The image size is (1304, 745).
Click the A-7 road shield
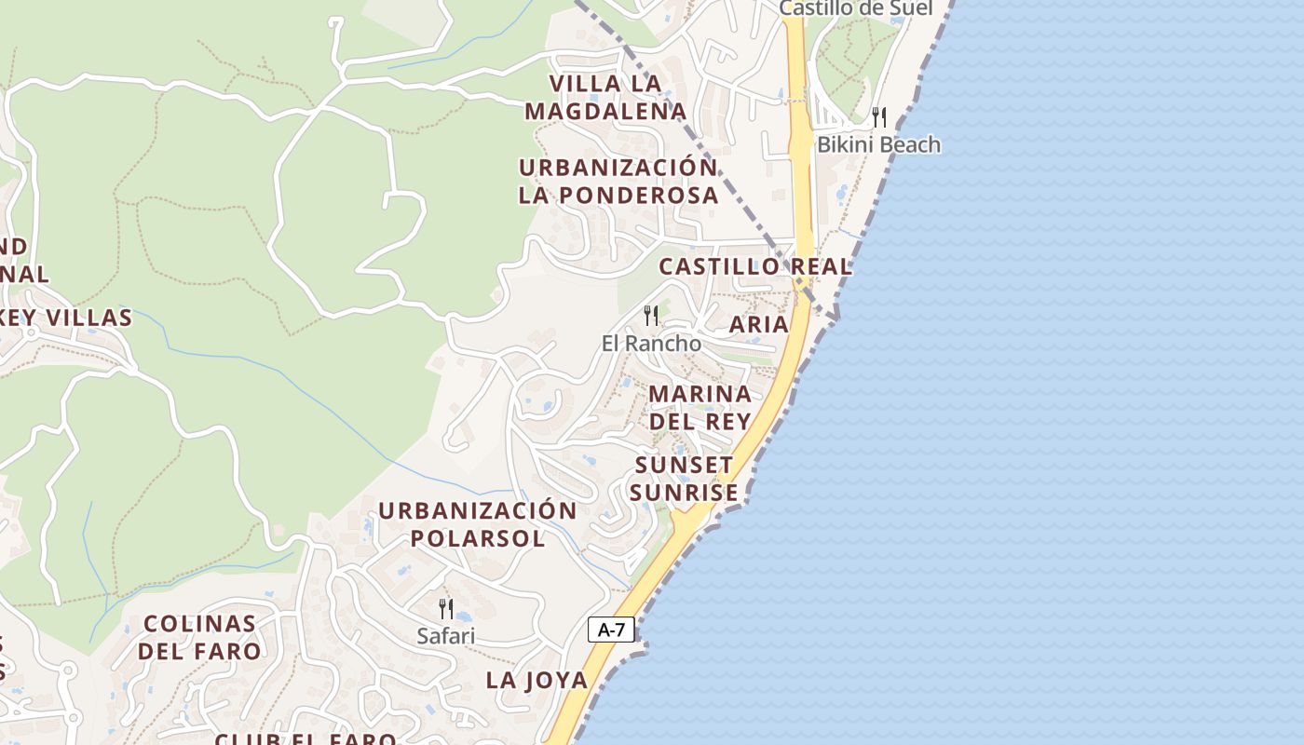tap(611, 630)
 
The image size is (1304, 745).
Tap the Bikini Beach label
tap(878, 144)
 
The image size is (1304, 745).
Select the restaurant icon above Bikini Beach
tap(878, 116)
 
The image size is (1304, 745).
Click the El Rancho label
tap(651, 343)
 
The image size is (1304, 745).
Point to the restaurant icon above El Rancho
tap(651, 315)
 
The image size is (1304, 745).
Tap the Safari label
tap(445, 636)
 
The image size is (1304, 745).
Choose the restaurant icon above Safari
tap(446, 608)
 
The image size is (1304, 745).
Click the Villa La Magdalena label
tap(605, 98)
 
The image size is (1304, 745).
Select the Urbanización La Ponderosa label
tap(618, 182)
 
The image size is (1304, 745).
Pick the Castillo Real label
tap(755, 266)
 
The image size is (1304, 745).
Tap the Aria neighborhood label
tap(758, 324)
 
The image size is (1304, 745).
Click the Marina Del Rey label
tap(700, 407)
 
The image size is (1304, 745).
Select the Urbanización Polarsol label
tap(477, 524)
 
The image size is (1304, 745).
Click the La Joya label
tap(537, 680)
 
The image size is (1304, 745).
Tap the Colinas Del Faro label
tap(199, 637)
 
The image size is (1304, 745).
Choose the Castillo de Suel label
tap(855, 8)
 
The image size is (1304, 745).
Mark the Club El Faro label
tap(306, 738)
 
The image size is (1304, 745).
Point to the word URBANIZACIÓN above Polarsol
tap(477, 510)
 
